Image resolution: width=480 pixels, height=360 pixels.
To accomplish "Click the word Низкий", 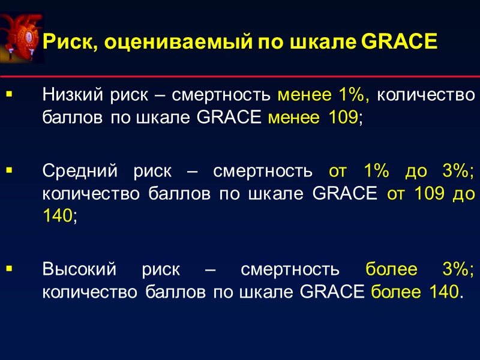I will (71, 95).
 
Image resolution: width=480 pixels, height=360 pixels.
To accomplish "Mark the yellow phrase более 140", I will (416, 292).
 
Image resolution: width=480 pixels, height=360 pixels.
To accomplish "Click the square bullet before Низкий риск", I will (9, 95).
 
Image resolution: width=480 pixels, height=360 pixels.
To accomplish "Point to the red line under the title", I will (240, 77).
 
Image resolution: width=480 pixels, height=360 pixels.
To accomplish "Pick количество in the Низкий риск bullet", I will (430, 95).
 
